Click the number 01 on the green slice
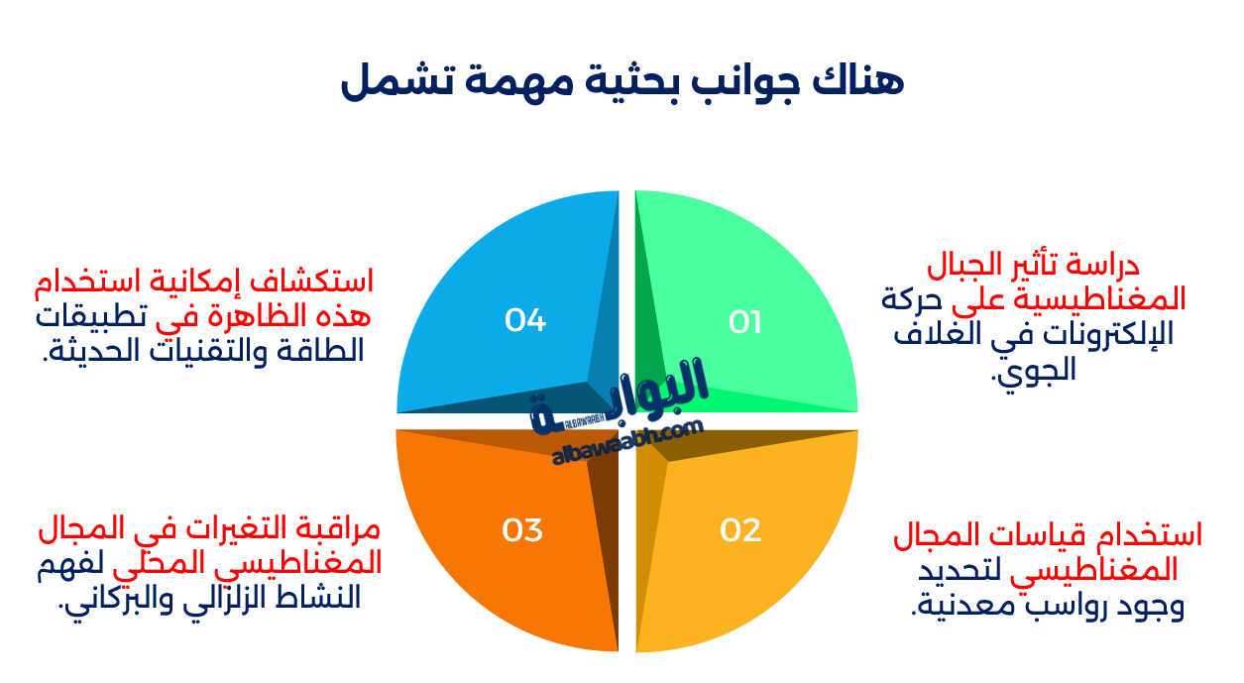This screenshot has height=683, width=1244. pyautogui.click(x=744, y=322)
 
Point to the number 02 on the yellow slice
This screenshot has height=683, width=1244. pyautogui.click(x=740, y=530)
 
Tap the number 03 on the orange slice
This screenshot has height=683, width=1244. pyautogui.click(x=522, y=530)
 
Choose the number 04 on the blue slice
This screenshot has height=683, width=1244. pyautogui.click(x=525, y=320)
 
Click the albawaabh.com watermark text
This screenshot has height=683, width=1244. pyautogui.click(x=626, y=443)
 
